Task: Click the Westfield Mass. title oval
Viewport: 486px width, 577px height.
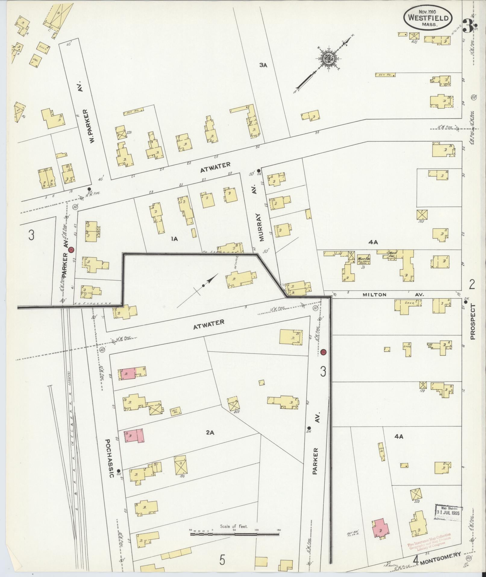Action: click(x=428, y=18)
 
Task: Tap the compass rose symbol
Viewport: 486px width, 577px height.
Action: click(x=327, y=59)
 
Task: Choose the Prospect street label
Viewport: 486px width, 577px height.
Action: click(x=472, y=322)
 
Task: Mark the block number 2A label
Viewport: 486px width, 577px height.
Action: click(x=210, y=433)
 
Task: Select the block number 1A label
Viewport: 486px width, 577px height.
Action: click(x=174, y=239)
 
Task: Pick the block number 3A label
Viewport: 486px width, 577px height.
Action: click(x=263, y=65)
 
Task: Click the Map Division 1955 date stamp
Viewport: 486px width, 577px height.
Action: click(x=449, y=512)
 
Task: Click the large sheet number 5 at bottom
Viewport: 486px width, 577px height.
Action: click(x=222, y=560)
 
